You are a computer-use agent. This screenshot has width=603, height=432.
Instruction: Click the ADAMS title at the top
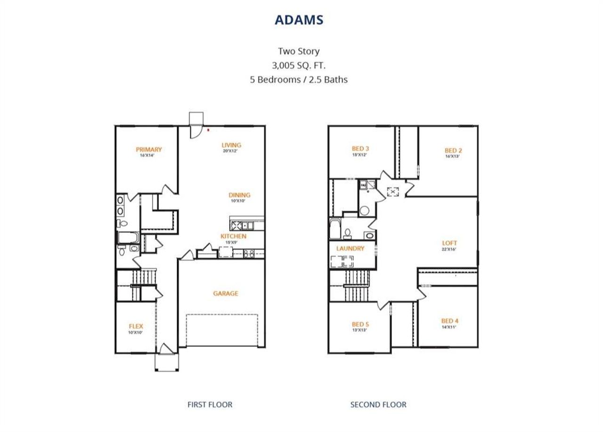point(299,20)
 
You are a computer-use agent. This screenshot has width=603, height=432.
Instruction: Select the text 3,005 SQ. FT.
point(299,65)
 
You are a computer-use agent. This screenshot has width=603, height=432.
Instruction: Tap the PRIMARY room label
point(149,150)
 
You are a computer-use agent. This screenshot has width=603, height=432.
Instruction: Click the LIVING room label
point(231,145)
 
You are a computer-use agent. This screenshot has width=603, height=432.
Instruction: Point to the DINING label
point(239,195)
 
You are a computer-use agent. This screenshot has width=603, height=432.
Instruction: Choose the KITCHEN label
point(233,236)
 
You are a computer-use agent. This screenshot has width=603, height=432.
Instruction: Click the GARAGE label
point(226,293)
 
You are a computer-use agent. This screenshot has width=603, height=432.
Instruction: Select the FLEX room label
point(136,326)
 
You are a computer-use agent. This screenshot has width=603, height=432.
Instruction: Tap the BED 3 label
point(360,149)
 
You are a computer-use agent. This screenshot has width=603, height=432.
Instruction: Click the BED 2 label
point(453,151)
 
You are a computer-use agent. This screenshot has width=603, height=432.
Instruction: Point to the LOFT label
point(449,243)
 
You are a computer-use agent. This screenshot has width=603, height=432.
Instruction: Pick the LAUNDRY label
point(350,248)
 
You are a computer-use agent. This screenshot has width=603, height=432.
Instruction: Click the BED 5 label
point(360,324)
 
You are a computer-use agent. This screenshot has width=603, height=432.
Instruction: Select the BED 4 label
point(450,321)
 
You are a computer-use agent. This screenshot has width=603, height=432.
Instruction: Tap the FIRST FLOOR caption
point(210,404)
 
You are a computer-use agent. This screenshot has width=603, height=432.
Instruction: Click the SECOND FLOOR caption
point(378,404)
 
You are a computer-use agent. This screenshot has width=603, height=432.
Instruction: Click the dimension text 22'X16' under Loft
point(449,249)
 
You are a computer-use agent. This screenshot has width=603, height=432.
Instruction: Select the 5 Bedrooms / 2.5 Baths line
point(299,80)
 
